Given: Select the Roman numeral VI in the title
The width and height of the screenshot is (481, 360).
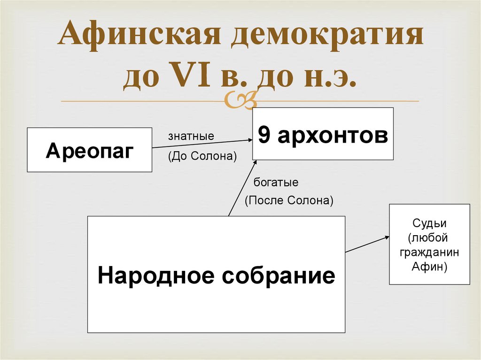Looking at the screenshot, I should (x=186, y=77).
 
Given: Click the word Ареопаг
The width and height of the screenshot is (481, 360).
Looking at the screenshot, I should (x=90, y=151).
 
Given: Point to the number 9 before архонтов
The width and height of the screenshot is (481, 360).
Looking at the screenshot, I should (x=265, y=135).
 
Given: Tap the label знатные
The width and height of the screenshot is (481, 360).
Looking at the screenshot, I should (x=191, y=137).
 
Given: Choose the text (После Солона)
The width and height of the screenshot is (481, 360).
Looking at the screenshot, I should (x=288, y=201).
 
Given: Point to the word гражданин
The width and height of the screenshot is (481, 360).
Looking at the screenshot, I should (x=429, y=252).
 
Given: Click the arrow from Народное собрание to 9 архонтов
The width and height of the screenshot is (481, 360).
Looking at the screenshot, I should (x=242, y=188).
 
